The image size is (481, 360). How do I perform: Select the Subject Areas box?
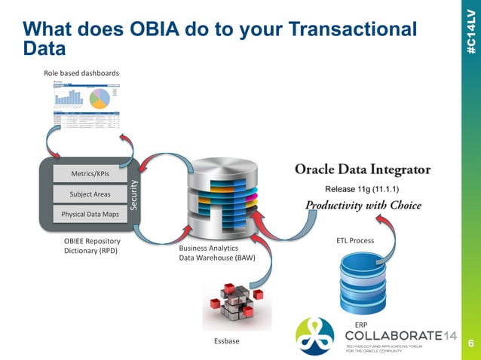(x=90, y=194)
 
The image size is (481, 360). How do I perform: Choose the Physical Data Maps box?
(x=90, y=214)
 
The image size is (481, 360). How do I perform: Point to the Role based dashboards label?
(x=81, y=72)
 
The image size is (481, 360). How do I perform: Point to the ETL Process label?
(x=355, y=241)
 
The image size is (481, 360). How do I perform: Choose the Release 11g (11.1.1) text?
(x=363, y=188)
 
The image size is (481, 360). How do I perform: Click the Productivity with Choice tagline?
(x=363, y=205)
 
